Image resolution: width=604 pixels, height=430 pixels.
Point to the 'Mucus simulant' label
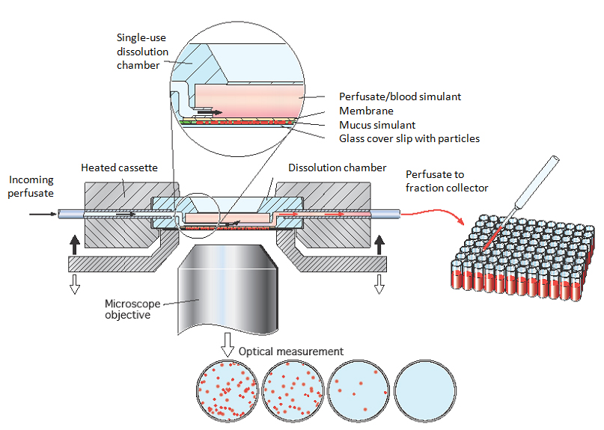click(377, 124)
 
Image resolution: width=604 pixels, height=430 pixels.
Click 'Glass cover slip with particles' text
click(409, 138)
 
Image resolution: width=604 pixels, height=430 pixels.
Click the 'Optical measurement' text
click(291, 351)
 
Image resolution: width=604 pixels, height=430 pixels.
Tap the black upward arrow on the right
click(379, 244)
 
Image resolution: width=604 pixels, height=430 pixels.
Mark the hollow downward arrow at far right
click(379, 283)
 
